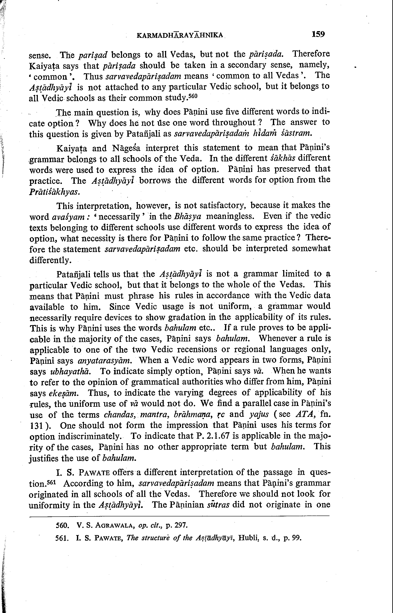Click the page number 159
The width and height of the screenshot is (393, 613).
[x=318, y=34]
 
